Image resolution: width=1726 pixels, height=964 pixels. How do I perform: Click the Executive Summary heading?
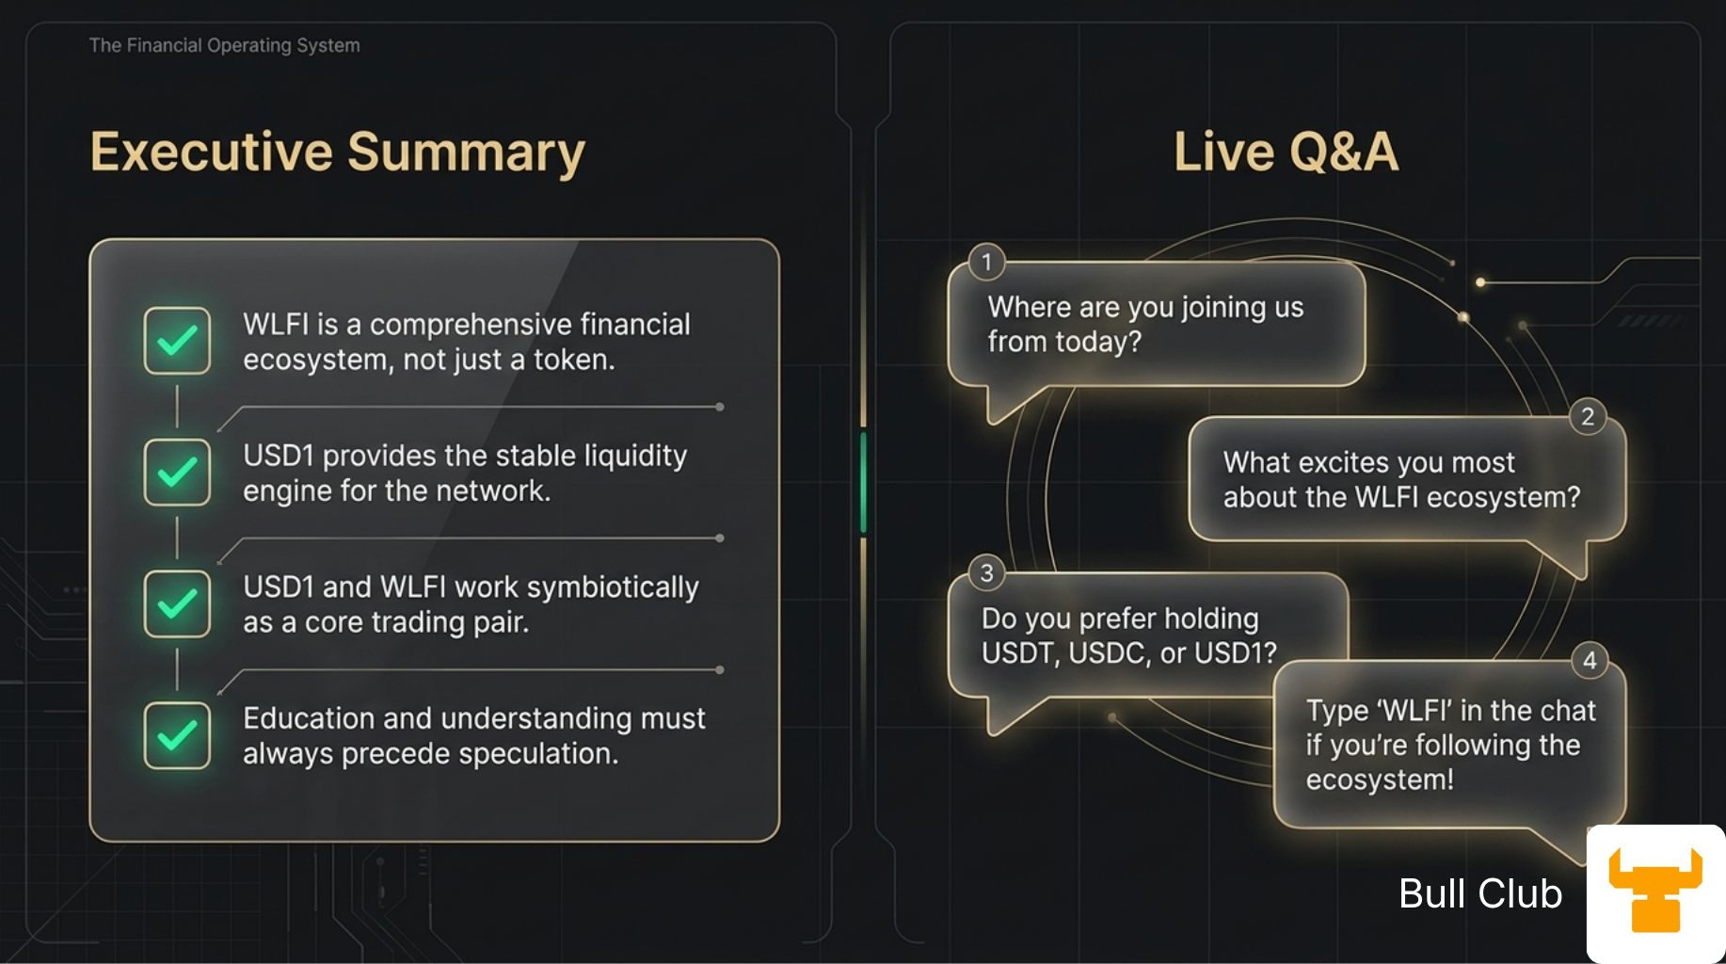[x=337, y=153]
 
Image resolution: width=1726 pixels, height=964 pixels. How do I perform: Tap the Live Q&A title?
[x=1287, y=152]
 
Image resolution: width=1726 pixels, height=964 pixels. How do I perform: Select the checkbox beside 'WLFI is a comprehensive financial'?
[x=177, y=341]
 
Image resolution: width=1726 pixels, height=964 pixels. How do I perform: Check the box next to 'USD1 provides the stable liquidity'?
[x=177, y=472]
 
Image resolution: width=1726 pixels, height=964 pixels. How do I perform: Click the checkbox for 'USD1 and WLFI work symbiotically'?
[x=177, y=603]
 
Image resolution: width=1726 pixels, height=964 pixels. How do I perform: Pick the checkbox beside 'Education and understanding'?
[x=177, y=735]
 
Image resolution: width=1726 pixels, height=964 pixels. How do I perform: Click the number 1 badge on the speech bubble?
[x=986, y=262]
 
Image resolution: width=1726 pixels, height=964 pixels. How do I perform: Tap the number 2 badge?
[x=1588, y=416]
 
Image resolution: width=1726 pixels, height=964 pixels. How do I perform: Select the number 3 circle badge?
[x=986, y=572]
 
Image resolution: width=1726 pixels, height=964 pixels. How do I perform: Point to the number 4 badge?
[x=1590, y=660]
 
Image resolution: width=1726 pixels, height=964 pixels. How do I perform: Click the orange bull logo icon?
[x=1655, y=890]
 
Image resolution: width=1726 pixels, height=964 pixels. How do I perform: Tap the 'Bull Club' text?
[x=1480, y=893]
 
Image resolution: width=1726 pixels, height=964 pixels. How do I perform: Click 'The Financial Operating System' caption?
[x=224, y=45]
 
